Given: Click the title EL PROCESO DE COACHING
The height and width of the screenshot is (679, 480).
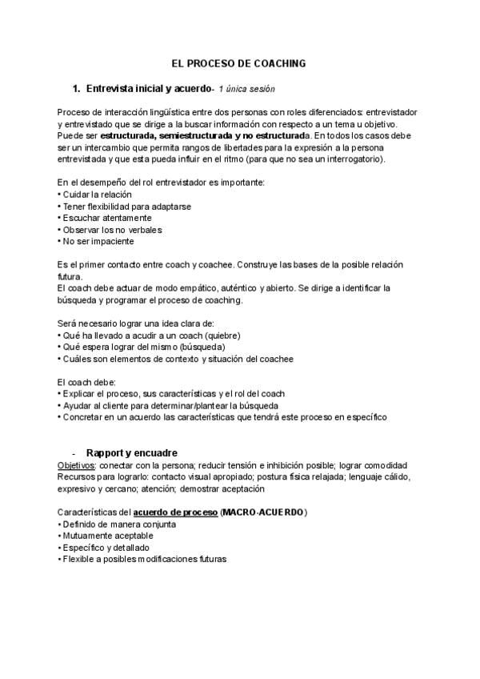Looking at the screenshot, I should [x=240, y=62].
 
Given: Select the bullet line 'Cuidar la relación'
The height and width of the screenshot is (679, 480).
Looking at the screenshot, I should [x=97, y=195].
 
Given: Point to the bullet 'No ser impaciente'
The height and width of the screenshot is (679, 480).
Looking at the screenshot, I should [x=98, y=240].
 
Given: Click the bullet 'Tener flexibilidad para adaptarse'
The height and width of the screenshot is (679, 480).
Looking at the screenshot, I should [x=125, y=206].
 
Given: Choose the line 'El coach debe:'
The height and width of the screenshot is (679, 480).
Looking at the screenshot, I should [x=87, y=382].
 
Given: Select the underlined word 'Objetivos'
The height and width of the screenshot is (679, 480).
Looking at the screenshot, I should [x=76, y=465].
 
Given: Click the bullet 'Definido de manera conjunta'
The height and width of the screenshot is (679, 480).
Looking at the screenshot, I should [x=120, y=524].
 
